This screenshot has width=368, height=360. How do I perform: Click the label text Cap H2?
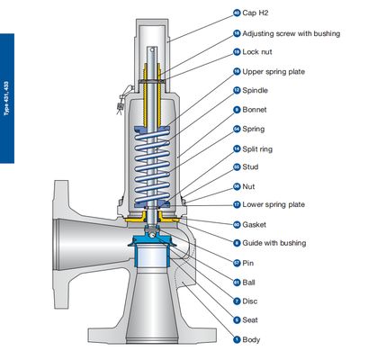(x=258, y=13)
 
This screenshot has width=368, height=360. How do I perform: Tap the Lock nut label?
(x=260, y=52)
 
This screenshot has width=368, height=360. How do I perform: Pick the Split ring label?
(x=260, y=148)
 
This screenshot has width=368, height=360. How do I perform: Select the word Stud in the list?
(x=253, y=166)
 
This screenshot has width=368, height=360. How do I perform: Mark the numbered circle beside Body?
(x=237, y=339)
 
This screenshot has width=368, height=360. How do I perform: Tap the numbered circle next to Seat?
(x=237, y=319)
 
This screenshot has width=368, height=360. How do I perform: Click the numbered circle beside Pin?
(x=237, y=263)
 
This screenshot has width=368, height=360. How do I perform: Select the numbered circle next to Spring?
(x=237, y=129)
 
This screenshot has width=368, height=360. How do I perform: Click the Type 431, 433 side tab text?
(x=6, y=98)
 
